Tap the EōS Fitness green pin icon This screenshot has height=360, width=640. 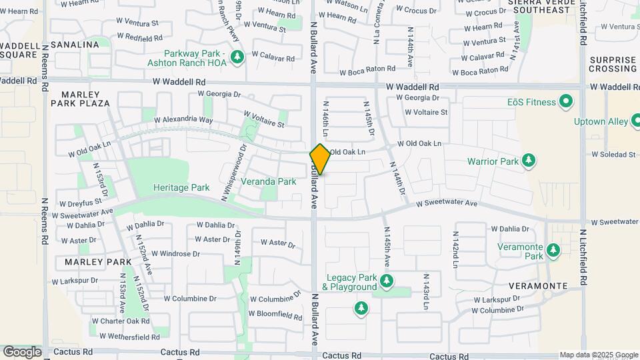pos(566,102)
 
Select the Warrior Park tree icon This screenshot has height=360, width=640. pos(529,161)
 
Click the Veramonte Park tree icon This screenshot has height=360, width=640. pos(553,251)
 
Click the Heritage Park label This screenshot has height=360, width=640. pos(181,188)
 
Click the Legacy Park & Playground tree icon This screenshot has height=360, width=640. pos(386,282)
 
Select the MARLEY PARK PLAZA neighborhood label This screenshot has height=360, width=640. pos(80,99)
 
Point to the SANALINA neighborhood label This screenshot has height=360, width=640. pos(75,45)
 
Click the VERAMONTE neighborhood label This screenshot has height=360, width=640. pos(538,286)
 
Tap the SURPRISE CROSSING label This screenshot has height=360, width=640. pos(613,64)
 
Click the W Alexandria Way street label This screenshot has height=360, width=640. pos(183,121)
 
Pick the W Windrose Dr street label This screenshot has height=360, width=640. pos(175,253)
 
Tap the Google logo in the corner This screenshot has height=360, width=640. pos(22,351)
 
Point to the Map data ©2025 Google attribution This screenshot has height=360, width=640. pos(597,355)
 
